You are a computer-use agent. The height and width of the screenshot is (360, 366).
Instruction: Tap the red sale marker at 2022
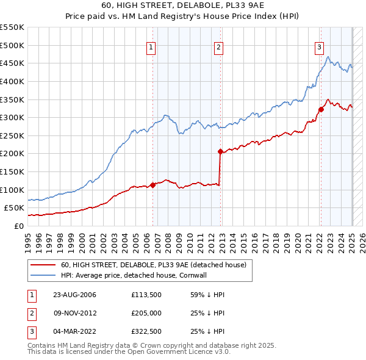point(321,110)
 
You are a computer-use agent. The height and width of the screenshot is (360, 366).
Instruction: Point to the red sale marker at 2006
point(153,185)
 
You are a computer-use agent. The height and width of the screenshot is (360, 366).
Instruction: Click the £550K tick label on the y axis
point(12,27)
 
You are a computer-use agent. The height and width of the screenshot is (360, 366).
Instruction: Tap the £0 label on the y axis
point(18,226)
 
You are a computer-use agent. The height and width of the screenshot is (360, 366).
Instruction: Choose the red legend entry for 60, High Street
point(153,265)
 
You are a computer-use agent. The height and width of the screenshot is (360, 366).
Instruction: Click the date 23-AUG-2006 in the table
point(74,295)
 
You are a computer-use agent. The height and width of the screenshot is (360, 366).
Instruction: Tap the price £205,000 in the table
point(146,313)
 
